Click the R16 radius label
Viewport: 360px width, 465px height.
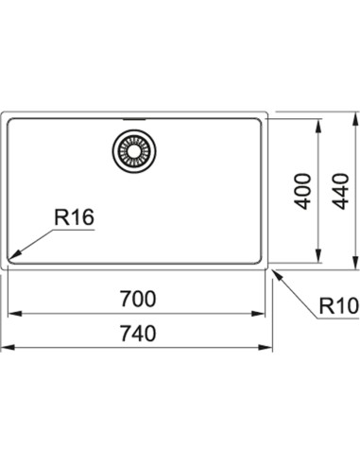pyautogui.click(x=74, y=217)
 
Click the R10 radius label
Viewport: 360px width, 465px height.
pyautogui.click(x=339, y=305)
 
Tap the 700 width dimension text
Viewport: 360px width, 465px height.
pyautogui.click(x=138, y=299)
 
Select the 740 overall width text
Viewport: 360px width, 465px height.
pyautogui.click(x=138, y=334)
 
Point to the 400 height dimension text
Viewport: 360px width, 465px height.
pyautogui.click(x=302, y=191)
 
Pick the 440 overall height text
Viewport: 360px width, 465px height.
pyautogui.click(x=341, y=191)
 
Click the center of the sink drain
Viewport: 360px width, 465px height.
pyautogui.click(x=134, y=151)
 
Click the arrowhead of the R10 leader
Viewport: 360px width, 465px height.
pyautogui.click(x=277, y=275)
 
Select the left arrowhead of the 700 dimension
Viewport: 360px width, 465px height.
pyautogui.click(x=14, y=314)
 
